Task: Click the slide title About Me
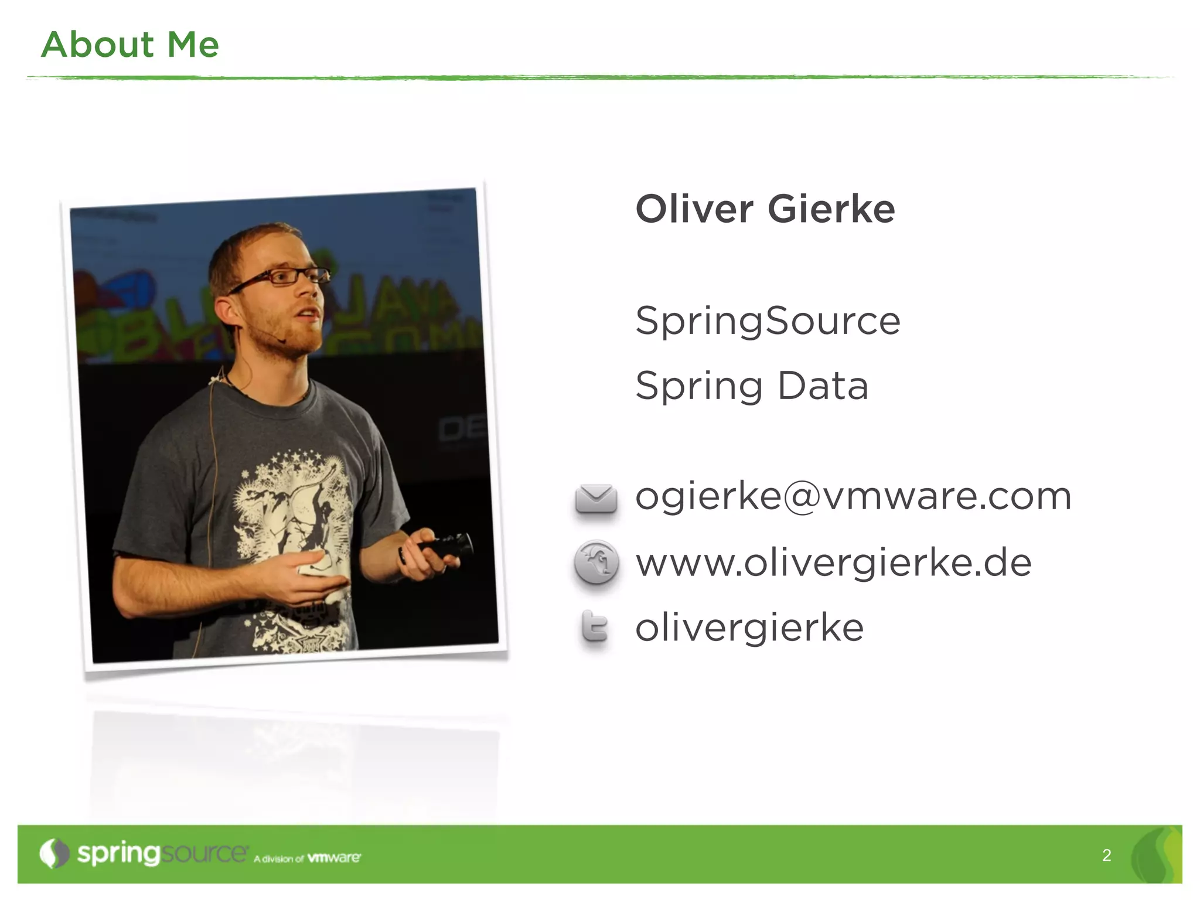coord(129,45)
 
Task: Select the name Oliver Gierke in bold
coord(765,209)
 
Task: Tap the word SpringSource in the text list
coord(768,321)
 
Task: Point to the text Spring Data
coord(752,386)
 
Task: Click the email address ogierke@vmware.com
coord(853,496)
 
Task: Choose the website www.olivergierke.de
coord(833,562)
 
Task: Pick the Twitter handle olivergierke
coord(749,628)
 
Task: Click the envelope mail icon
coord(596,499)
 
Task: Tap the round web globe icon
coord(596,562)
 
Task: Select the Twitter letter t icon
coord(595,628)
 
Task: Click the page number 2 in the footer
coord(1106,855)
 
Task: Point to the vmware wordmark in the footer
coord(334,858)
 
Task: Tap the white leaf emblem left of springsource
coord(54,854)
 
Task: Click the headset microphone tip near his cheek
coord(282,340)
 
